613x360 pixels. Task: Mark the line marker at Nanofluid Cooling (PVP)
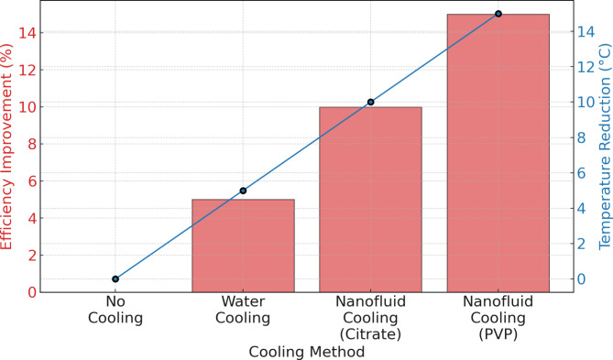coord(498,14)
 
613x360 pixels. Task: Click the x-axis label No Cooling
coord(115,311)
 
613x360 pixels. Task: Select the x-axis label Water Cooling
coord(243,311)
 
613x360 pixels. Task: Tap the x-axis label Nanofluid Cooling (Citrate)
coord(370,319)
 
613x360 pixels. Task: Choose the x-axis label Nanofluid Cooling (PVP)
coord(498,319)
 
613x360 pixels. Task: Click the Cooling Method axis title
coord(307,351)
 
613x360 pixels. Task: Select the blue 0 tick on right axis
coord(583,279)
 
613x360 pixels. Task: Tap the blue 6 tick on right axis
coord(583,173)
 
